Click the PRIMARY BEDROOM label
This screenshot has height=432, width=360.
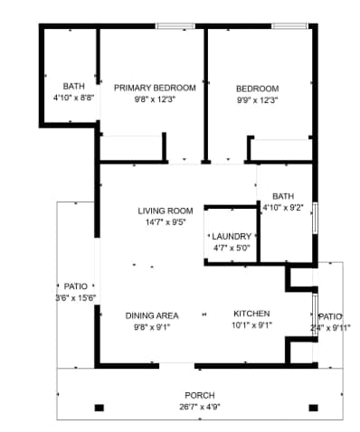point(155,88)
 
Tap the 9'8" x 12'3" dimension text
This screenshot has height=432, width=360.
point(155,100)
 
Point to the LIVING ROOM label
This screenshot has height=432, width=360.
point(161,211)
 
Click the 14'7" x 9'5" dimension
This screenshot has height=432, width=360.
point(161,221)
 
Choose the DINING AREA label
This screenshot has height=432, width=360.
point(151,315)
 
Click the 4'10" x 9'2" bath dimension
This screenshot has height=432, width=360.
point(283,207)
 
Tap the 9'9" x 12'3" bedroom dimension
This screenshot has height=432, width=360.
point(257,100)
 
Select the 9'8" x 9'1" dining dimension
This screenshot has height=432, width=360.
point(151,327)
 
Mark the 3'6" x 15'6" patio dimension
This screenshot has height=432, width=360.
point(75,297)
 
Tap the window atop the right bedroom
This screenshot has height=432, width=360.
point(289,26)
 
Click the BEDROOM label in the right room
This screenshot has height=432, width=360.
point(257,89)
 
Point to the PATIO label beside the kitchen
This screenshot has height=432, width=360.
point(331,316)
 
